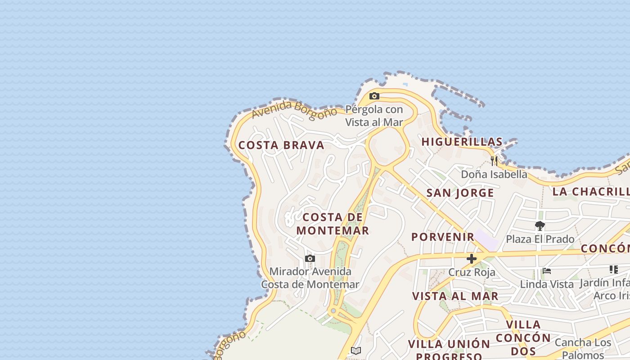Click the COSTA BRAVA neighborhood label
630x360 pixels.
click(x=281, y=145)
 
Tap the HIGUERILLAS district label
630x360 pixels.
click(x=462, y=142)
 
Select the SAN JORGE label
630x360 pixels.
click(x=460, y=193)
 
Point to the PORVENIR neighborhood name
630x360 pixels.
click(x=443, y=237)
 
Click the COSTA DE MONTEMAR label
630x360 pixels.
click(x=333, y=224)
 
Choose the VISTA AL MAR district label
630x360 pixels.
click(x=455, y=296)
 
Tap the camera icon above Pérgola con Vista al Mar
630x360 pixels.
click(x=374, y=96)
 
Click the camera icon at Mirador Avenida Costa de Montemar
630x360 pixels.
click(x=310, y=258)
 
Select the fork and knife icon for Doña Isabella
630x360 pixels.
click(x=494, y=161)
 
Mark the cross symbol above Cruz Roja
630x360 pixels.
click(x=472, y=259)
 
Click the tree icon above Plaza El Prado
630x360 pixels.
click(x=540, y=226)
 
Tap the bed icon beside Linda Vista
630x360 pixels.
click(x=547, y=271)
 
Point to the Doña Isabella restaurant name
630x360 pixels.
click(x=494, y=174)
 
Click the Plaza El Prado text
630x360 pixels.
click(x=540, y=239)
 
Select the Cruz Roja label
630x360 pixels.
click(x=472, y=272)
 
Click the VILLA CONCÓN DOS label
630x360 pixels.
click(x=523, y=337)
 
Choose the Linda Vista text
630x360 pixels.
click(x=547, y=284)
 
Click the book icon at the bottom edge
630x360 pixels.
click(x=356, y=351)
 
